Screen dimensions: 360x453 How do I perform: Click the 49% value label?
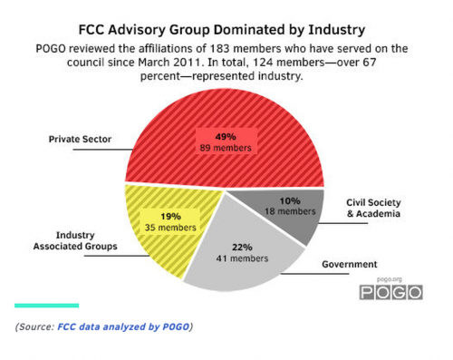pos(226,136)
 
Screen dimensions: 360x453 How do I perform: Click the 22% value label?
pos(243,245)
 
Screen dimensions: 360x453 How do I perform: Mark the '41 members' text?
pos(243,258)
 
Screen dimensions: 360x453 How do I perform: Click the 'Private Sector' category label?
pos(78,140)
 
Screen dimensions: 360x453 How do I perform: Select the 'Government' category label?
pos(349,265)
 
